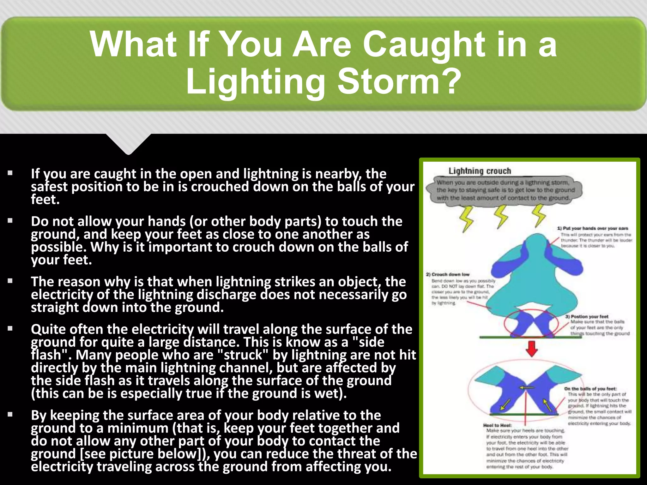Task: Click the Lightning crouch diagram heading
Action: click(480, 171)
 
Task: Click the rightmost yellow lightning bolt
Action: click(539, 215)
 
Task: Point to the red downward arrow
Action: click(532, 348)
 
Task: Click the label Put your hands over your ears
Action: click(592, 228)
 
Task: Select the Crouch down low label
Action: click(448, 274)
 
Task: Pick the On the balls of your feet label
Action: click(590, 389)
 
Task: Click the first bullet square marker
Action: click(10, 173)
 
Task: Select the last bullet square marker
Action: click(10, 414)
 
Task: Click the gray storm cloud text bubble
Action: click(505, 190)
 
